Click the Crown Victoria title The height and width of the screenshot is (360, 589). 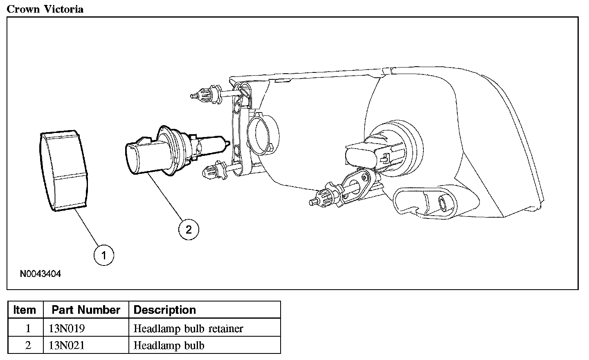point(45,9)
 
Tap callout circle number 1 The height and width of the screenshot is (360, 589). point(103,256)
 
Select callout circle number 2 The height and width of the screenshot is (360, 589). point(189,229)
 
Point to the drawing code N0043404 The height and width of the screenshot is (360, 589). point(40,274)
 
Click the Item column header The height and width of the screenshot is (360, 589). point(25,310)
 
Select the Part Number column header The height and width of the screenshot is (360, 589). point(86,310)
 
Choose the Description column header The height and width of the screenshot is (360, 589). point(165,310)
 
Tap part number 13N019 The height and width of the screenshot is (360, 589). point(67,328)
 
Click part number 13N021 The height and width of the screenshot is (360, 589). point(67,346)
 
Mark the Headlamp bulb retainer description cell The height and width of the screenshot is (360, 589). point(189,328)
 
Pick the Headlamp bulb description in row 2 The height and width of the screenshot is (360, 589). point(169,346)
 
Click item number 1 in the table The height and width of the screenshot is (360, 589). point(28,328)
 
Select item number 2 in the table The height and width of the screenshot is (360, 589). point(28,346)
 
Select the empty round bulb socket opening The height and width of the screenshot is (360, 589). point(264,133)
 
